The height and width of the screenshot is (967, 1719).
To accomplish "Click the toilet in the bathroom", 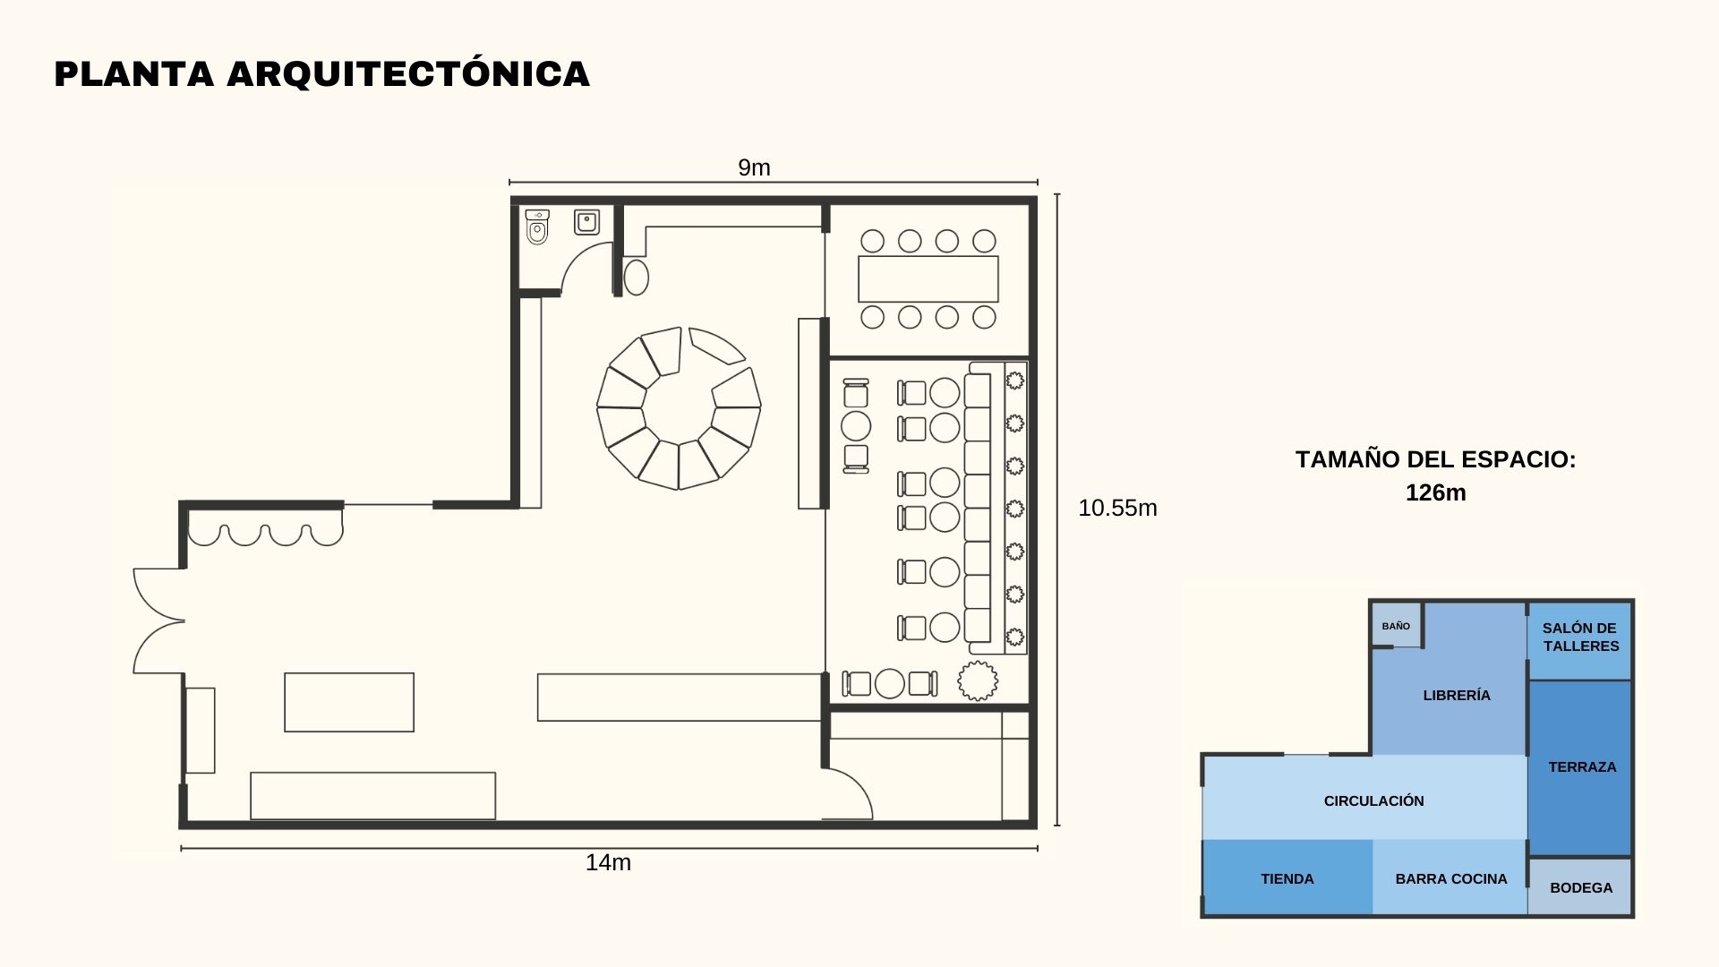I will pyautogui.click(x=537, y=227).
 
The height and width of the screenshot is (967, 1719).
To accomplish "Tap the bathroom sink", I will pyautogui.click(x=586, y=221).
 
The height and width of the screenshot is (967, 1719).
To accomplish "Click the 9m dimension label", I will pyautogui.click(x=754, y=167).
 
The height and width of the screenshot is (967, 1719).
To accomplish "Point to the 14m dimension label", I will pyautogui.click(x=608, y=862).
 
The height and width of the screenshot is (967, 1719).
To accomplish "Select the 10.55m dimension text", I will pyautogui.click(x=1117, y=508).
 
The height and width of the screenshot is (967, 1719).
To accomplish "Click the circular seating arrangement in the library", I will pyautogui.click(x=679, y=408).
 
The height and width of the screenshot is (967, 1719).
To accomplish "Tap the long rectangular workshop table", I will pyautogui.click(x=928, y=279).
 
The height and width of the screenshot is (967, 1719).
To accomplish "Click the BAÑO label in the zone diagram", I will pyautogui.click(x=1396, y=626).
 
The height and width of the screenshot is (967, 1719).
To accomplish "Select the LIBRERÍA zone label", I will pyautogui.click(x=1457, y=695).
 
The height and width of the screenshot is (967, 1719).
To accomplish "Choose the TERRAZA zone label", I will pyautogui.click(x=1582, y=766).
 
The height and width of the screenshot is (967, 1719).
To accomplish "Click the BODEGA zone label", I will pyautogui.click(x=1581, y=887).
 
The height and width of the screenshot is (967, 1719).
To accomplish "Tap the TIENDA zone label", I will pyautogui.click(x=1287, y=878).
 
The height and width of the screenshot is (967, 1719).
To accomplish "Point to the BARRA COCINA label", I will pyautogui.click(x=1450, y=878).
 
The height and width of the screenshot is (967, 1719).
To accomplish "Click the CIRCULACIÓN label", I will pyautogui.click(x=1373, y=800).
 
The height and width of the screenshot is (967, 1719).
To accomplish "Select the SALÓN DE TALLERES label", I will pyautogui.click(x=1580, y=637).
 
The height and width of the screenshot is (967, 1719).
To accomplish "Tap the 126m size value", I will pyautogui.click(x=1435, y=492).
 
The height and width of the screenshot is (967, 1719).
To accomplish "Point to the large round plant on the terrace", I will pyautogui.click(x=978, y=681).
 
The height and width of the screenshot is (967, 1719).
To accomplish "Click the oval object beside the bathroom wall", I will pyautogui.click(x=636, y=277).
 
